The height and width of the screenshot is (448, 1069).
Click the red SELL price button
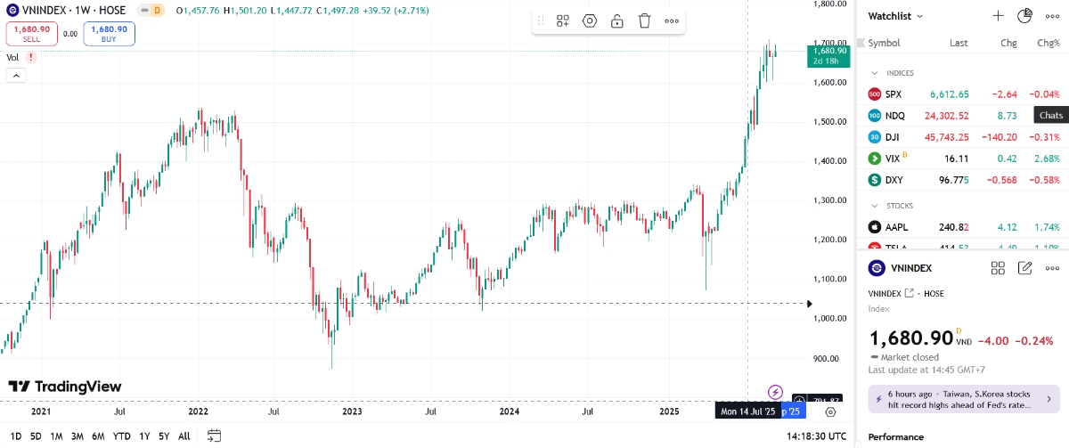(32, 34)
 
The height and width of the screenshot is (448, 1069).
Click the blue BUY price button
(109, 34)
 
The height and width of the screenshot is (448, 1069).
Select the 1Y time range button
(144, 436)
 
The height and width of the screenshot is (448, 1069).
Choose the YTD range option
(122, 436)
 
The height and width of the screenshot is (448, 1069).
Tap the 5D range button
(36, 436)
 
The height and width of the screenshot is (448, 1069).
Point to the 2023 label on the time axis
(352, 411)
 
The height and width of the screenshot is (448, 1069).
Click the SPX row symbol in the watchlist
(894, 94)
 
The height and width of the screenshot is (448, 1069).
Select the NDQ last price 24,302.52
(947, 116)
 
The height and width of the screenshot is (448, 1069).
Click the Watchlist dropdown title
(895, 16)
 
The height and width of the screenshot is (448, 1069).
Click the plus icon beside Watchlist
(999, 16)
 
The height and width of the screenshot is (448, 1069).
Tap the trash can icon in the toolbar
(644, 21)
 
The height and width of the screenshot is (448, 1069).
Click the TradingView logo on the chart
(65, 387)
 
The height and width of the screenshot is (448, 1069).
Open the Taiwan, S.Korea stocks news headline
(959, 398)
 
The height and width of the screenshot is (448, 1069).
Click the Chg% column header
(1048, 43)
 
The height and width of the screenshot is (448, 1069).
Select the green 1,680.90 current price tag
(829, 51)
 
